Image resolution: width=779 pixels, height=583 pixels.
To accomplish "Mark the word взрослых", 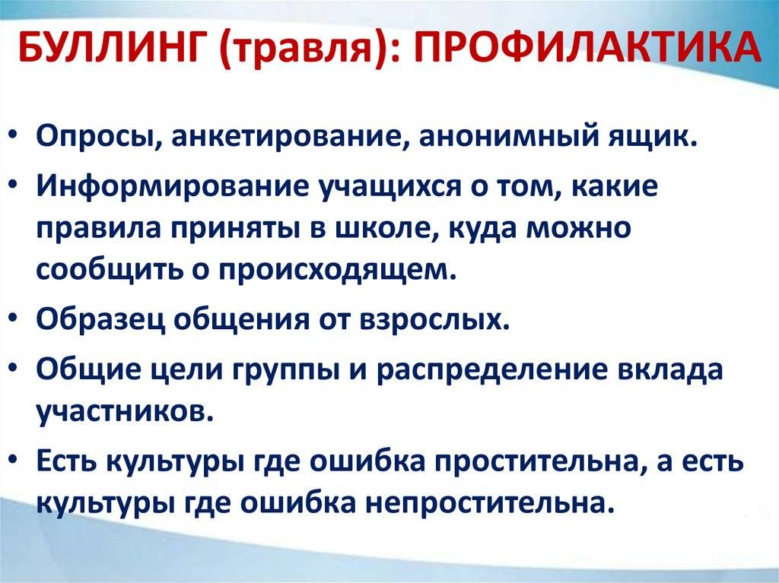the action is point(434,320).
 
